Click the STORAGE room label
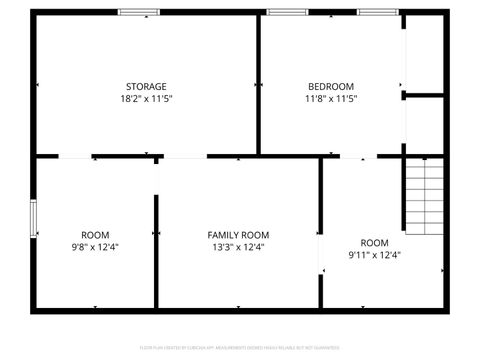146,86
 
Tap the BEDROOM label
330,86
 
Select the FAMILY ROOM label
238,234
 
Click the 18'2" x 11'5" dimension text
146,99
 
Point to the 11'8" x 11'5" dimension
330,99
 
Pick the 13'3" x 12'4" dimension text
238,247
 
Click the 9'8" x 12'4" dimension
95,247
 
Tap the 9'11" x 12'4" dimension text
374,255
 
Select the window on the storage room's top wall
138,12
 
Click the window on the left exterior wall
33,217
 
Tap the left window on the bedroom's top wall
286,12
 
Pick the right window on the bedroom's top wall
379,12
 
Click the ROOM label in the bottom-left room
95,234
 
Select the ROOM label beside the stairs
374,242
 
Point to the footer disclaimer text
240,348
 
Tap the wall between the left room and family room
155,250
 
